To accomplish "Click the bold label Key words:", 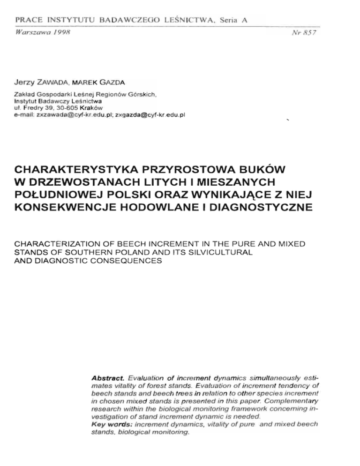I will (111, 424).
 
